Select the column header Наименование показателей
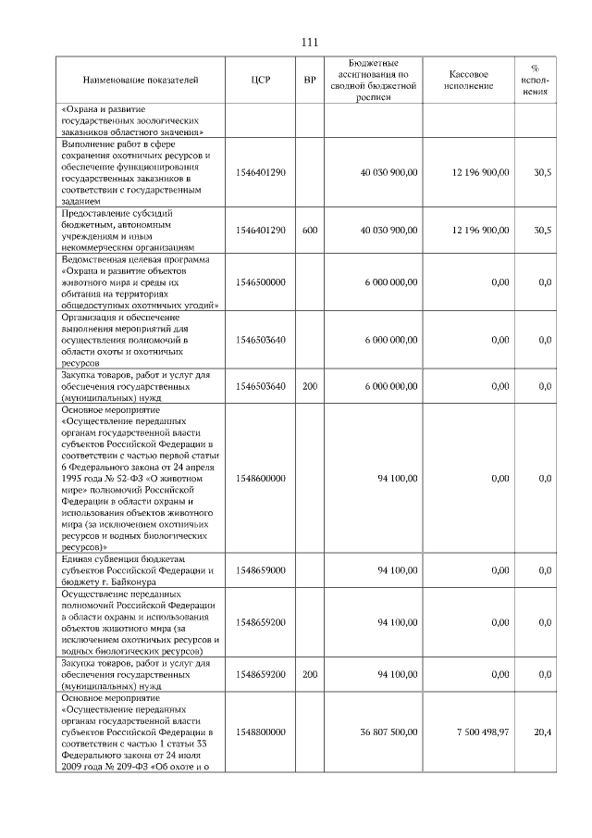pos(140,81)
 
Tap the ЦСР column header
pos(260,81)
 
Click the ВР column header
pos(310,81)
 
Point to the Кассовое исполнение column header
pos(469,81)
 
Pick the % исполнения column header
pos(535,81)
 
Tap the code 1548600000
pos(260,479)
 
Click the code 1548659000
pos(260,570)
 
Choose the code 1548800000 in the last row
pos(260,732)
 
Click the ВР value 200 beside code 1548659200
pos(310,676)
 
